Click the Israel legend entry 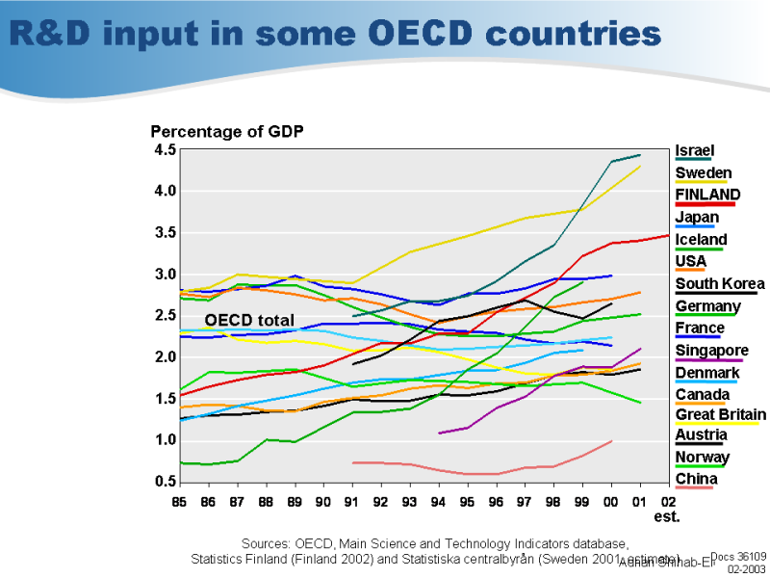click(x=694, y=151)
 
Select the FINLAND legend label click(x=707, y=195)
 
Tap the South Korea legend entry click(x=720, y=283)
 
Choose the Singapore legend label click(x=711, y=351)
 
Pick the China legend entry click(x=696, y=479)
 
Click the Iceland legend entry click(x=701, y=240)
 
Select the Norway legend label click(x=702, y=457)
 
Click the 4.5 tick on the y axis click(x=165, y=149)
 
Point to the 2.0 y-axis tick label click(x=165, y=357)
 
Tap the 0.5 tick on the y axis click(x=165, y=482)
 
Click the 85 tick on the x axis click(x=179, y=501)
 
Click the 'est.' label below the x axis click(x=667, y=516)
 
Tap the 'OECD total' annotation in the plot click(x=249, y=320)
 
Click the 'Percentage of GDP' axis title click(x=227, y=131)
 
